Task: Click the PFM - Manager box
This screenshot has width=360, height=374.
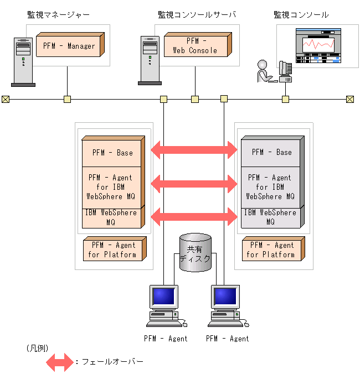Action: point(69,45)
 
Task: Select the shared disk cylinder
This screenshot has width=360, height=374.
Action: point(196,252)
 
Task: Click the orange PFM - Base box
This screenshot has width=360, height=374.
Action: point(113,152)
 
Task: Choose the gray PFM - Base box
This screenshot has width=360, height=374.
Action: point(272,152)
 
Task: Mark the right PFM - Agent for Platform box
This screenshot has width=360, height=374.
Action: point(271,250)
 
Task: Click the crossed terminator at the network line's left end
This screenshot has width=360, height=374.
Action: point(6,100)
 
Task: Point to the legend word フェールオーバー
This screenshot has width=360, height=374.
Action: point(112,362)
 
